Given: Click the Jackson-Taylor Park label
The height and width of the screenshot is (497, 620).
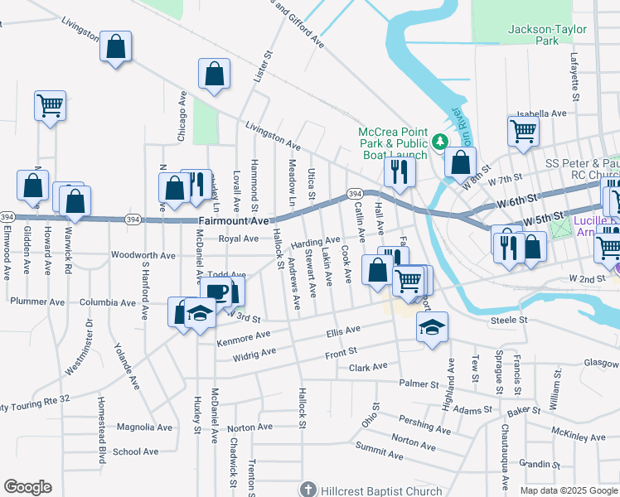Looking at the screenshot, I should [547, 34].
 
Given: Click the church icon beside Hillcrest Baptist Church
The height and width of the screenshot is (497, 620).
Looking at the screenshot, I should [308, 490].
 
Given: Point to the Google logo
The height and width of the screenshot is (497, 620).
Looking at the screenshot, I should [27, 487].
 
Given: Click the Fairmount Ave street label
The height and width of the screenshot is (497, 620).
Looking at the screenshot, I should [235, 221].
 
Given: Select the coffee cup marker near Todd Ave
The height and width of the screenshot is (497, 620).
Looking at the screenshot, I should [217, 292].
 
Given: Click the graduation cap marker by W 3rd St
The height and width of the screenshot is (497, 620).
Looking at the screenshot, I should [200, 313].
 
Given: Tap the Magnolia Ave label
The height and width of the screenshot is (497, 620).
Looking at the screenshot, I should [144, 427].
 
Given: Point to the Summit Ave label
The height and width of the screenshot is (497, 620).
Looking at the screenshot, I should [379, 451].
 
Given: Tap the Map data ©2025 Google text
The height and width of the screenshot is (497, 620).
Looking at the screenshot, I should [568, 490].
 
